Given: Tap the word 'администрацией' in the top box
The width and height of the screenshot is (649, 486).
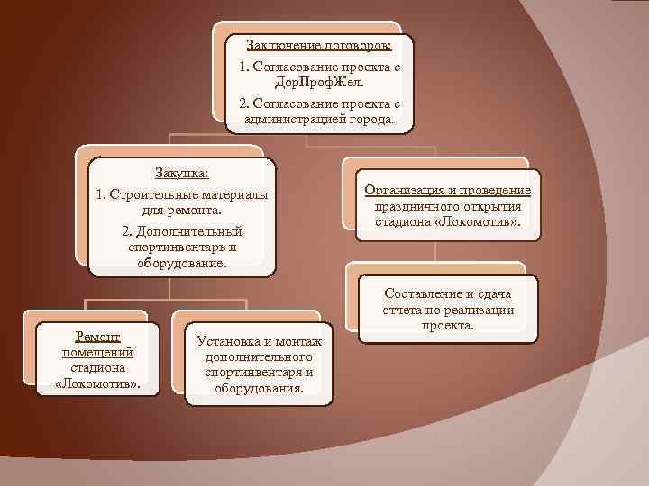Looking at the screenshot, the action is (291, 120).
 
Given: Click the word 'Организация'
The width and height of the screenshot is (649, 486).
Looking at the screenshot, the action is (403, 190).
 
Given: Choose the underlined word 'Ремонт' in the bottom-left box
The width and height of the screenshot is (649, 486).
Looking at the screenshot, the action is (92, 336).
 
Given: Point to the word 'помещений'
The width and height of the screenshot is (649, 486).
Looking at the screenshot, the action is (92, 352).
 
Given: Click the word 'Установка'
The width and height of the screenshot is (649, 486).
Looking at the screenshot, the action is (228, 340).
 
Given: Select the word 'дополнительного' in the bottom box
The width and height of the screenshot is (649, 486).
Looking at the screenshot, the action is (259, 356).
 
